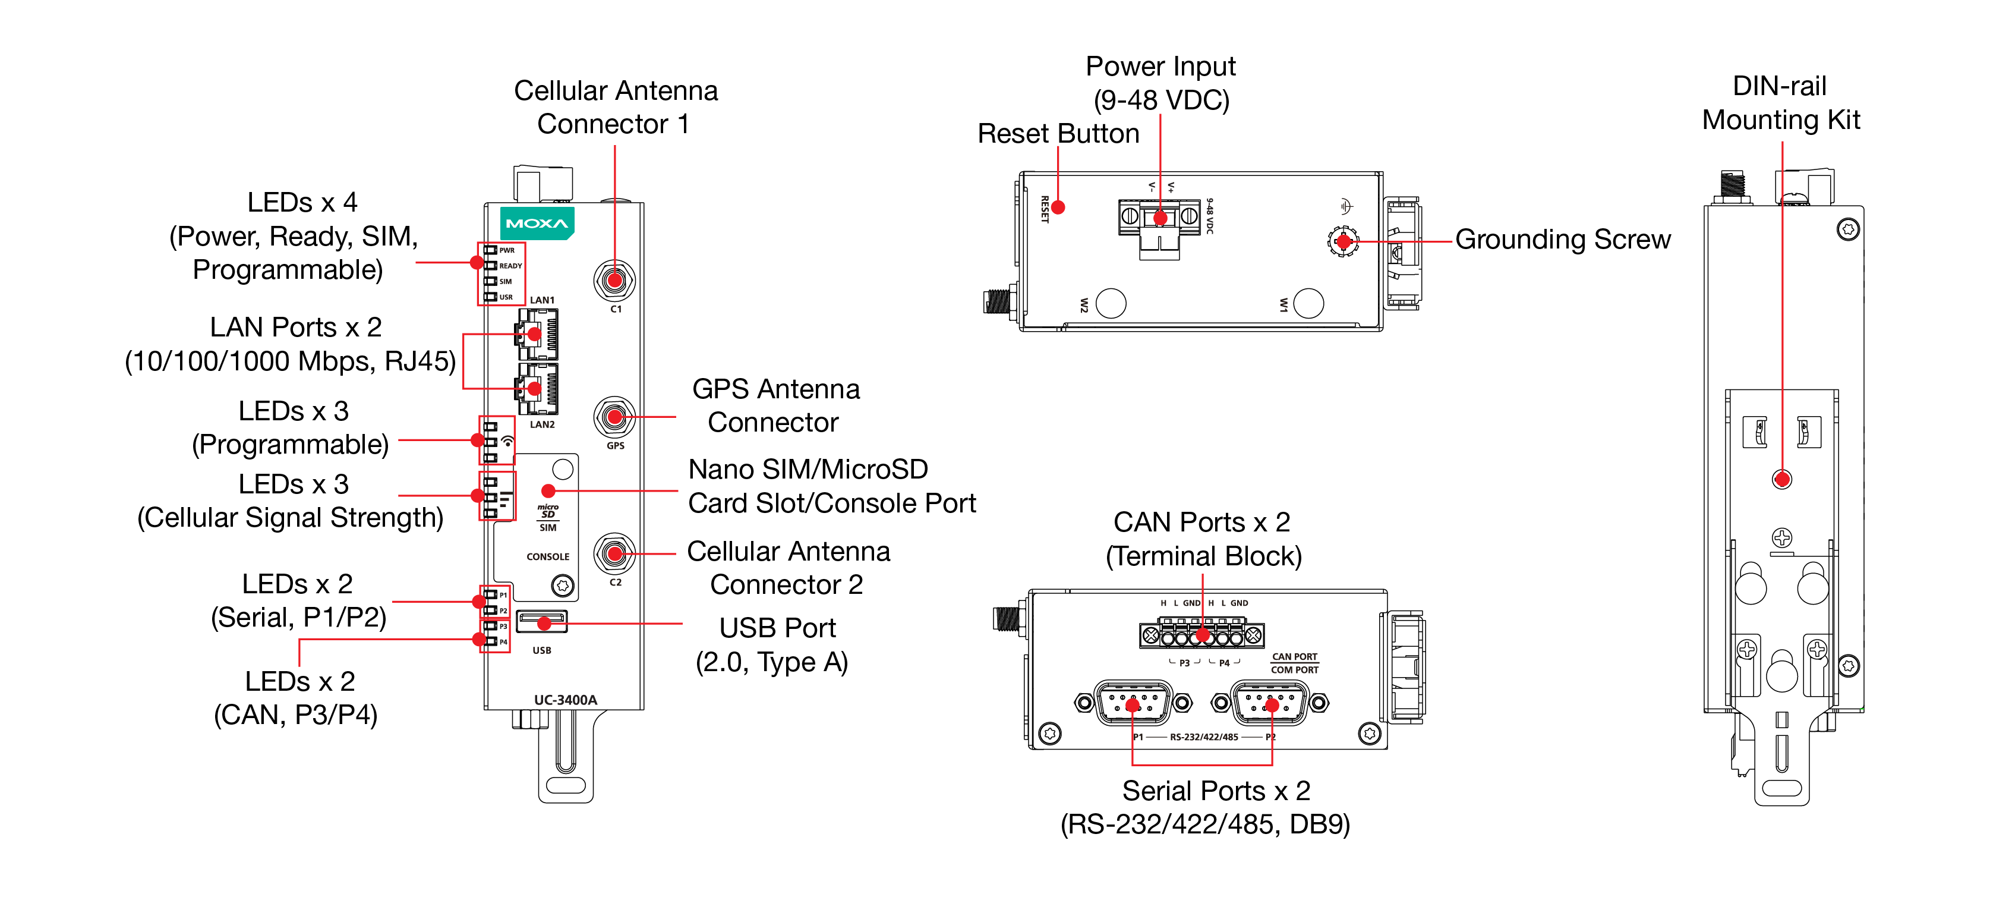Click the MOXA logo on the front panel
point(537,224)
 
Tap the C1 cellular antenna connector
point(614,279)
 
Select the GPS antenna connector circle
point(614,417)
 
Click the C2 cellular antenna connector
point(614,553)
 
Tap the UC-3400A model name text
point(566,700)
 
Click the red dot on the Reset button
point(1058,207)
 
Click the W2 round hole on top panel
point(1111,303)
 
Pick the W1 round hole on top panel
point(1308,303)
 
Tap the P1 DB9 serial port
point(1133,703)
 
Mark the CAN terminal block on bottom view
point(1201,635)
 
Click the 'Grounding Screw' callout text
point(1562,240)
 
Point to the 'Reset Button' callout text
point(1058,134)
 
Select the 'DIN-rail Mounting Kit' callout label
point(1781,103)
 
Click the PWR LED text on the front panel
point(507,250)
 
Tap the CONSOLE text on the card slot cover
point(548,556)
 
